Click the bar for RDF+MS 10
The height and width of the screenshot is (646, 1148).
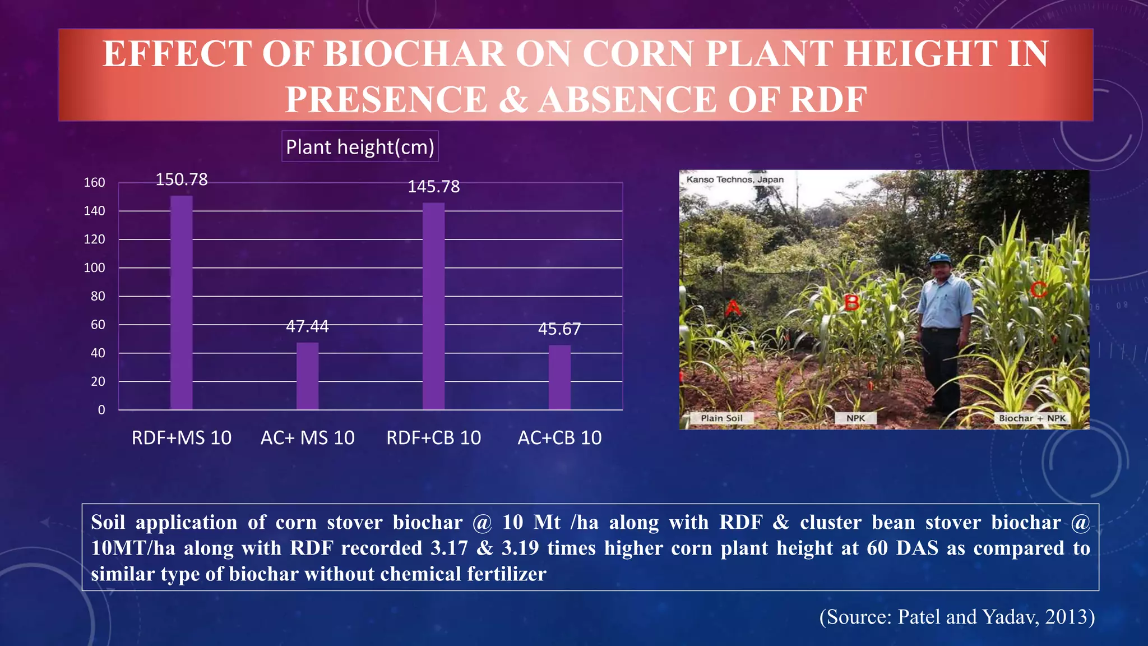click(x=181, y=303)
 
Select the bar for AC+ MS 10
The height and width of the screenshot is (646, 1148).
click(x=307, y=376)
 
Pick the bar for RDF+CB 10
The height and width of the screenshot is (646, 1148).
click(x=433, y=306)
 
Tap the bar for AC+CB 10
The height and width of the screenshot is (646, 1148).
click(x=559, y=377)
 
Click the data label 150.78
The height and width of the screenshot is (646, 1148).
click(x=181, y=179)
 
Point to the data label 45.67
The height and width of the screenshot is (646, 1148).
click(x=559, y=329)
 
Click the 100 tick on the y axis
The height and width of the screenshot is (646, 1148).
click(x=94, y=268)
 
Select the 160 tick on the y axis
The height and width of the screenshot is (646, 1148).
click(x=94, y=183)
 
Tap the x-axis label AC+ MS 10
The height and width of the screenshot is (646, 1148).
click(x=307, y=437)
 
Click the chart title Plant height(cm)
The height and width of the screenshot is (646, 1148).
click(x=360, y=147)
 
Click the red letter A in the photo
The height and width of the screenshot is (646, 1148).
click(x=733, y=308)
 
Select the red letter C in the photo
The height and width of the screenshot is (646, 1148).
click(x=1038, y=290)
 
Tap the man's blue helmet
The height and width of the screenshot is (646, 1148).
click(x=939, y=259)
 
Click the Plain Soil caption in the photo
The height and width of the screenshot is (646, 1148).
click(x=721, y=418)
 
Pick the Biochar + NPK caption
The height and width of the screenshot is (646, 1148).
click(x=1032, y=418)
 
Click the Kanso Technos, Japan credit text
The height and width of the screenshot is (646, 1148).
click(x=735, y=179)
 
